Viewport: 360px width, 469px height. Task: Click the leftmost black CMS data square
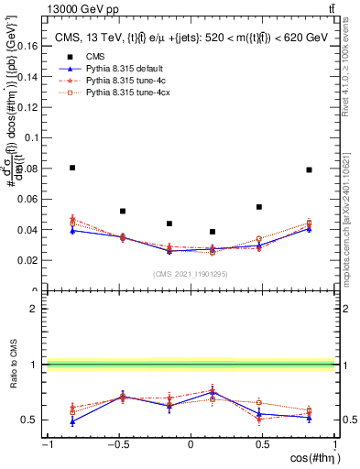72,168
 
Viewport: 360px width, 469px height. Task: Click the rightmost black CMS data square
310,169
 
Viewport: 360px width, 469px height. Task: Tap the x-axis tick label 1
333,445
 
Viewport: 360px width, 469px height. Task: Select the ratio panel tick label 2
32,309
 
